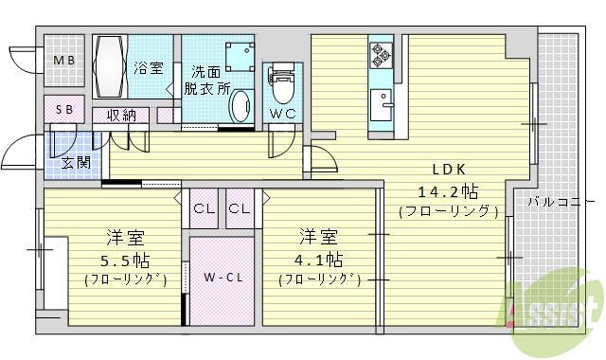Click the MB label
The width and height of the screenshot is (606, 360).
tap(63, 62)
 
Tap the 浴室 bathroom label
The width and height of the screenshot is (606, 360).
tap(149, 68)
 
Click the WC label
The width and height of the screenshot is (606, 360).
tap(281, 114)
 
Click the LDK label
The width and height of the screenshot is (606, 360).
tap(448, 170)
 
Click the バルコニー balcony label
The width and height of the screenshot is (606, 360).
tap(560, 201)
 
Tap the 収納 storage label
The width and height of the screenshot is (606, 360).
tap(121, 116)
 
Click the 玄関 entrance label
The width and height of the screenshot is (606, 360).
tap(78, 161)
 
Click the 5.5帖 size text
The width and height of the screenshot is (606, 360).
tap(125, 259)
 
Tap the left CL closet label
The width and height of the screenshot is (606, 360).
tap(203, 208)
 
